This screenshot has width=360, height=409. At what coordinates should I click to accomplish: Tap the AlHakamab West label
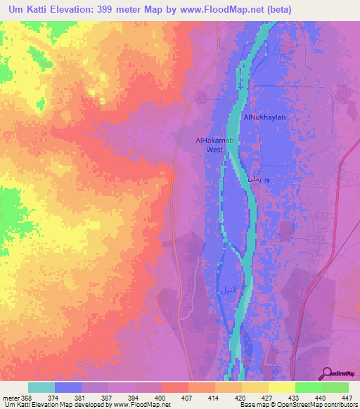click(x=214, y=145)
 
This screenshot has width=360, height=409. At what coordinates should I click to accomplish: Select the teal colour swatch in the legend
click(x=41, y=387)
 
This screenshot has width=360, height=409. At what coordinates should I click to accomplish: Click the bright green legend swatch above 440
click(x=308, y=387)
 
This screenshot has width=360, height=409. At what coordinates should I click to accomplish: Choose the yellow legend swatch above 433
click(x=281, y=387)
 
